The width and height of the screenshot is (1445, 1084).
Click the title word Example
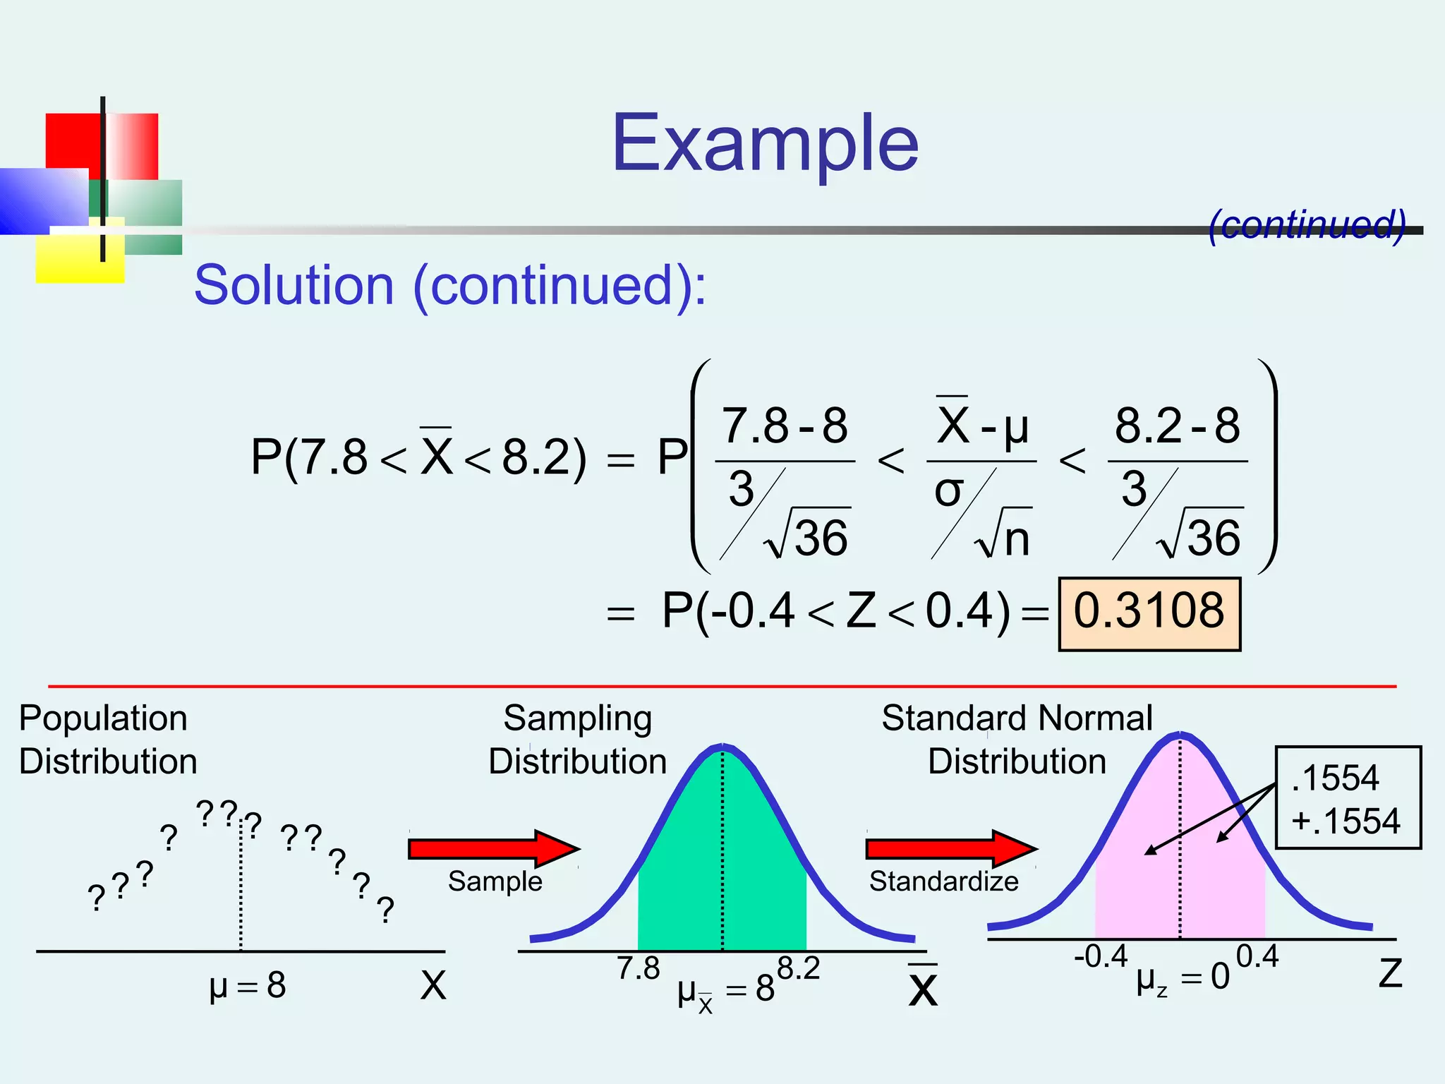click(x=765, y=145)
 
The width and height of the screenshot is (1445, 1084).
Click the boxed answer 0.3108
click(x=1149, y=613)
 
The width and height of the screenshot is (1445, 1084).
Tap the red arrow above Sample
click(x=494, y=848)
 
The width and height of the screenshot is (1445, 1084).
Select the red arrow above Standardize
click(x=951, y=848)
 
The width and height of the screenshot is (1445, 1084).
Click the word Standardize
click(x=943, y=881)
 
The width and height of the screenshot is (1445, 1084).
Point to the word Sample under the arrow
click(x=495, y=881)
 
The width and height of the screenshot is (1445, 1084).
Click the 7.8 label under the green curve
click(x=638, y=969)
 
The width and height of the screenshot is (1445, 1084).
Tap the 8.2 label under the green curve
click(x=799, y=969)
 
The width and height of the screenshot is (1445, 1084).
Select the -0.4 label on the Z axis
click(x=1101, y=957)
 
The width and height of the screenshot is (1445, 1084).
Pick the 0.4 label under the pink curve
click(x=1257, y=957)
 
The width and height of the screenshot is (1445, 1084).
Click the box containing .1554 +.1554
click(x=1348, y=798)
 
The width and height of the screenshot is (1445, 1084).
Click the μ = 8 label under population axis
click(x=248, y=985)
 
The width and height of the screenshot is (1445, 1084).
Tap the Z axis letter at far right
click(x=1390, y=974)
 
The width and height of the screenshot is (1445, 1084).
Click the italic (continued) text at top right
click(x=1307, y=224)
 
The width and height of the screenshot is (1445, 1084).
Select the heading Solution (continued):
click(x=450, y=285)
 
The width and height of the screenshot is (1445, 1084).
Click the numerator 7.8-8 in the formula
click(x=785, y=426)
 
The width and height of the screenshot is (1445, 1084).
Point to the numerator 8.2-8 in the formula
click(x=1177, y=426)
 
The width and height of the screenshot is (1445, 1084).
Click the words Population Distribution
click(x=107, y=740)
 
